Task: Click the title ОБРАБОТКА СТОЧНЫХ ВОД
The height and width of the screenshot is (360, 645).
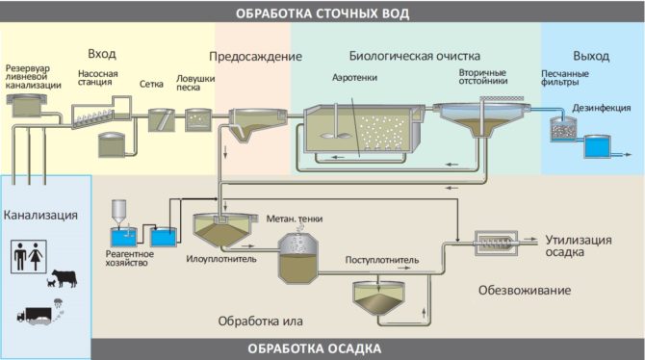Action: click(322, 13)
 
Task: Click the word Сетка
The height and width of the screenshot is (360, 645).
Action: click(152, 84)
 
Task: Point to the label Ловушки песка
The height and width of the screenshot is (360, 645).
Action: click(194, 84)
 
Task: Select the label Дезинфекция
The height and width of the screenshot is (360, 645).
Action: click(599, 108)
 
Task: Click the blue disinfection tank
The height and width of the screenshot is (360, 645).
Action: click(597, 147)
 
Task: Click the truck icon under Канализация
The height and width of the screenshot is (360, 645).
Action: click(34, 314)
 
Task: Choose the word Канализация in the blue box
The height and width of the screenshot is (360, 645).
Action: click(40, 213)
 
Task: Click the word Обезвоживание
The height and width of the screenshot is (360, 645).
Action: click(525, 290)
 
